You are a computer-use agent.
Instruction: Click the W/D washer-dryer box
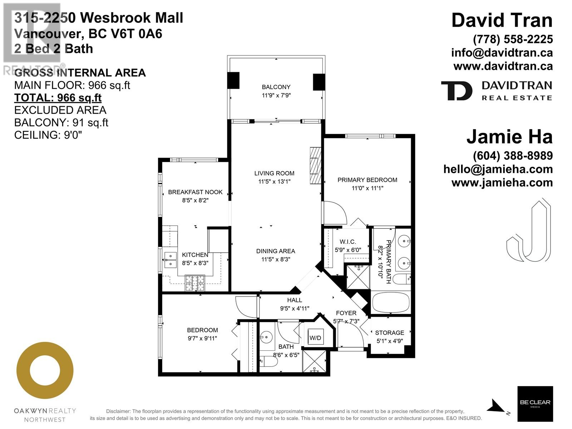315,338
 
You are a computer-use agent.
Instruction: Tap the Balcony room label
276,87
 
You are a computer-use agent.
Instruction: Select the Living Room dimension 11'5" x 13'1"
274,182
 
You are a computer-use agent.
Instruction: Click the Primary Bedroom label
367,180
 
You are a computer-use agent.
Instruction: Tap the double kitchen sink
171,260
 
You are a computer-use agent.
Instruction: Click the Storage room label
389,332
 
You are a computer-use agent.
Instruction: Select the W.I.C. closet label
347,242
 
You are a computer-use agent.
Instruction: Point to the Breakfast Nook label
195,192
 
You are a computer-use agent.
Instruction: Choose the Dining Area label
275,251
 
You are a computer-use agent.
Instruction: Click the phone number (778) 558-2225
513,39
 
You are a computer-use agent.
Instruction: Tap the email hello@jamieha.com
498,169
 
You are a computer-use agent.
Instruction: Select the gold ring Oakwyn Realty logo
45,370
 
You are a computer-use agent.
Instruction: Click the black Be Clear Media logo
535,404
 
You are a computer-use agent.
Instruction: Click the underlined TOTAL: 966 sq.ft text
58,98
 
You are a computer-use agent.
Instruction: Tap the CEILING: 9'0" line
48,135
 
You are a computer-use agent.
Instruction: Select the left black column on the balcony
233,80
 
